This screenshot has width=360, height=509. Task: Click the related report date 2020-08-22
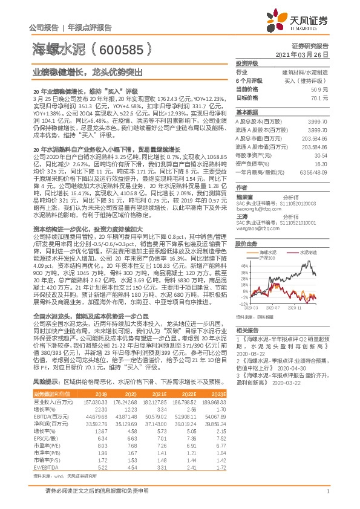click(252, 355)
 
